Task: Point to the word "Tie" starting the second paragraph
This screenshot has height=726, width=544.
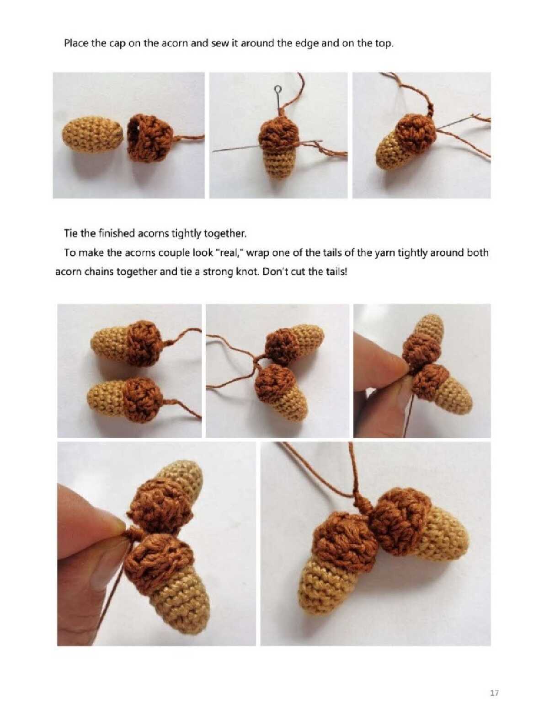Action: pos(71,234)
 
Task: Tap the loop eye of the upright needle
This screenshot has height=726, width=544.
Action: pos(277,89)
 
